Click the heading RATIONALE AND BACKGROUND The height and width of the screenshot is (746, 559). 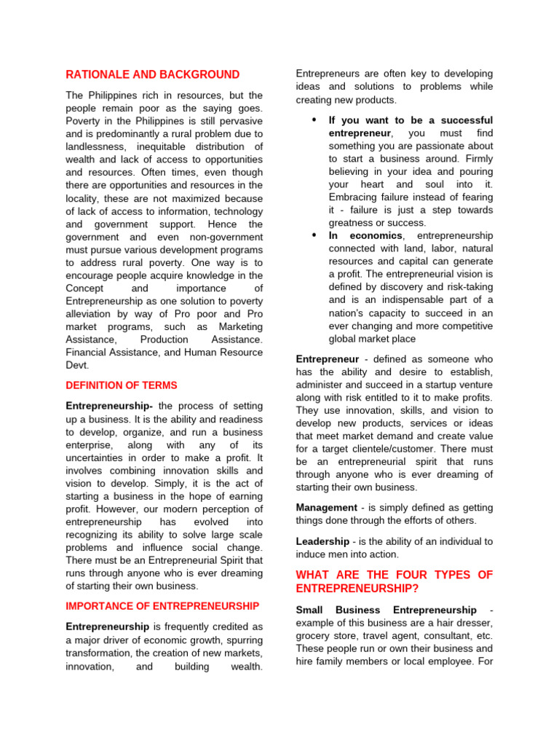pyautogui.click(x=152, y=74)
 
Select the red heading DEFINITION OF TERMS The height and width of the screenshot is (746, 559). pyautogui.click(x=122, y=385)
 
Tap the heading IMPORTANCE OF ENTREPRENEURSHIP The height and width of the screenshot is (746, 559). pyautogui.click(x=162, y=606)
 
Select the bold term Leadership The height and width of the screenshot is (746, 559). pyautogui.click(x=323, y=541)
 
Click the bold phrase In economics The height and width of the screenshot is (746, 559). pyautogui.click(x=365, y=235)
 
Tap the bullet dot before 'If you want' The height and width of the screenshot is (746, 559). pyautogui.click(x=314, y=119)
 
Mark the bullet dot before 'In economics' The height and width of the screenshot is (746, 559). pyautogui.click(x=314, y=235)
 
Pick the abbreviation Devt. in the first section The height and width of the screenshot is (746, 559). pyautogui.click(x=77, y=365)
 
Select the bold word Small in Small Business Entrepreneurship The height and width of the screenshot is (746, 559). pyautogui.click(x=310, y=610)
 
